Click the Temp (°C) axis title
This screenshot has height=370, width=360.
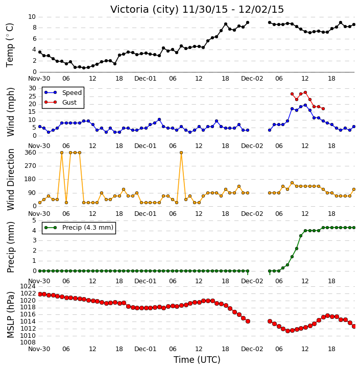pos(10,45)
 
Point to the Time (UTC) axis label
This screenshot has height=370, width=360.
pos(197,360)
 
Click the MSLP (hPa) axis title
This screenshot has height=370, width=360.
pos(10,315)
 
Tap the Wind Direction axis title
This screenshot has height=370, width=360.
pos(10,180)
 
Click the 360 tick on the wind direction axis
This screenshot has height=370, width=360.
pos(30,153)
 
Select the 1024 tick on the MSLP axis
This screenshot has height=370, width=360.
pos(28,286)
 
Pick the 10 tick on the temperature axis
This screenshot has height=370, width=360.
pos(32,17)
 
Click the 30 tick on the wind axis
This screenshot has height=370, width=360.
pos(32,88)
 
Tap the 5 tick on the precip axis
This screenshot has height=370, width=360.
pos(34,220)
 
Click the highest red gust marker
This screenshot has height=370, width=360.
pos(305,92)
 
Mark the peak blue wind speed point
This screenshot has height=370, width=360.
pos(305,105)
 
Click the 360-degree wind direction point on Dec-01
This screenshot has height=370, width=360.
pos(181,153)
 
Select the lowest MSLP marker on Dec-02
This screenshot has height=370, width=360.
pos(287,331)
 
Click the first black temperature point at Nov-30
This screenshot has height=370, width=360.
pos(40,52)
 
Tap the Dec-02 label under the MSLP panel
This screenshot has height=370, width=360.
pos(252,349)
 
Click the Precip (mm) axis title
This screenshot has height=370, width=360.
pos(10,248)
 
